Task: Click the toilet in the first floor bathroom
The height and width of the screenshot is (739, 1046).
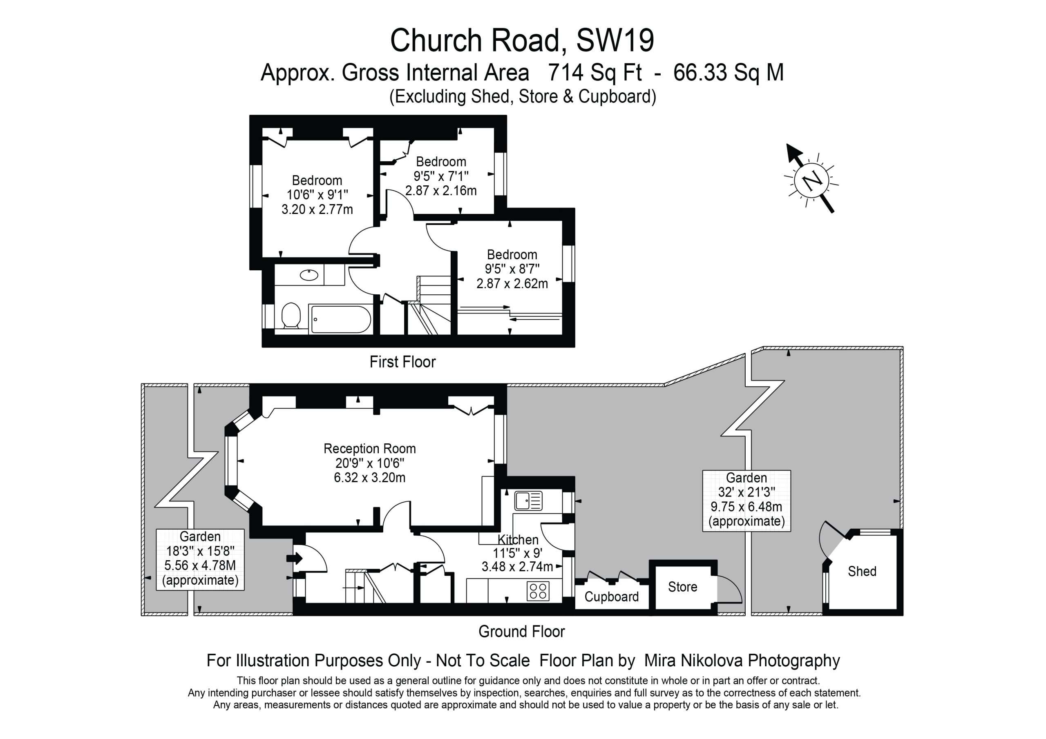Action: [290, 316]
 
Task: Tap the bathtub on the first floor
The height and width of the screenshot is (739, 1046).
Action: [340, 319]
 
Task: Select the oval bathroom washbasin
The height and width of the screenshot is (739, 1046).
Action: [309, 275]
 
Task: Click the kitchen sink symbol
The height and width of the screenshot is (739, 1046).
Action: [528, 501]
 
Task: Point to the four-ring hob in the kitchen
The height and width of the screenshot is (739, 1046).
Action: [538, 591]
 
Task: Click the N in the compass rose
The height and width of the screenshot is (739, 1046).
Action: [811, 181]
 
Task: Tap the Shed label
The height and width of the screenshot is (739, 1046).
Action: [862, 571]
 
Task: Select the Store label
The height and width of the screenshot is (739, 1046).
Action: [682, 587]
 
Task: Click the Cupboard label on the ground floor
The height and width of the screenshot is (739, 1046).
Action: [611, 597]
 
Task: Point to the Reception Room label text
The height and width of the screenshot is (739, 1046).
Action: [369, 448]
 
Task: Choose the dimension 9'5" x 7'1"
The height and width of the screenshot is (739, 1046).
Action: [441, 176]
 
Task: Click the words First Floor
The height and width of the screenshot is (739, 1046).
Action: [403, 362]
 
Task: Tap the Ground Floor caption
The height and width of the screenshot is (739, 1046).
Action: [522, 632]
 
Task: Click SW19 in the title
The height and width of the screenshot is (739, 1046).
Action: [615, 40]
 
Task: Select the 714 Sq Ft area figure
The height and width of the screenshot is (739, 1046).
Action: [595, 73]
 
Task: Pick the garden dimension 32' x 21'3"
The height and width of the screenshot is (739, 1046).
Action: [746, 492]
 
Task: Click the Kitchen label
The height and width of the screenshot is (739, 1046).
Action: [518, 540]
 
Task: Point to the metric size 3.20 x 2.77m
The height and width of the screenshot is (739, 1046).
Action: [317, 209]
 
